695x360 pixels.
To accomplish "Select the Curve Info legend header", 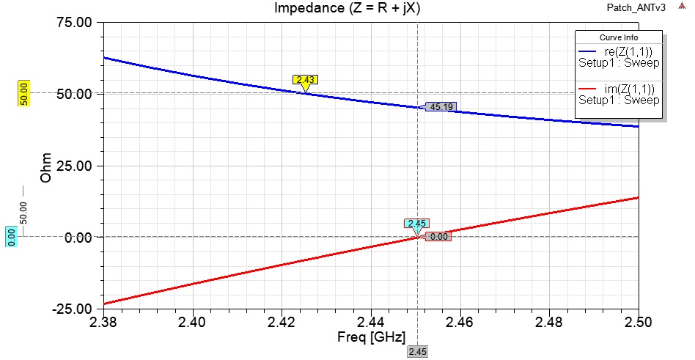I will tap(619, 37).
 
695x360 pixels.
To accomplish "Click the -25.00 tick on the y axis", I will tap(71, 309).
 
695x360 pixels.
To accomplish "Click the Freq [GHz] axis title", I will tap(372, 339).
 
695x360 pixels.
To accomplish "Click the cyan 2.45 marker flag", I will tap(416, 224).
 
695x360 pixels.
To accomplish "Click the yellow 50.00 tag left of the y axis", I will tap(23, 94).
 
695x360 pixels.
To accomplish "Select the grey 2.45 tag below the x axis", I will tap(417, 352).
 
